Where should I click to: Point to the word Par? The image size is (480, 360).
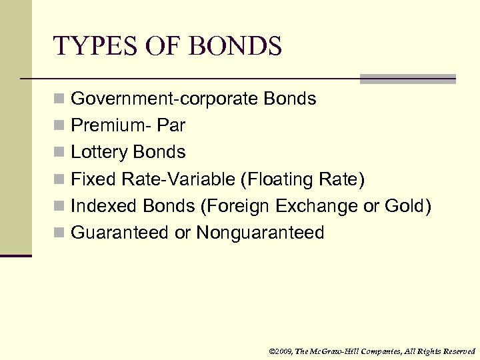point(173,126)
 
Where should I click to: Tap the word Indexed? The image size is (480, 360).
point(99,206)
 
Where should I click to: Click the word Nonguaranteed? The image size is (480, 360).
point(260,233)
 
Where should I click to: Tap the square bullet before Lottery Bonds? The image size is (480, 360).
point(59,153)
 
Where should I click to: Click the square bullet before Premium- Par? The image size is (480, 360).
point(59,126)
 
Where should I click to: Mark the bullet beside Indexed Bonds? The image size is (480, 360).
point(59,206)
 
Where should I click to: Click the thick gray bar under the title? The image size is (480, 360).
point(407,79)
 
